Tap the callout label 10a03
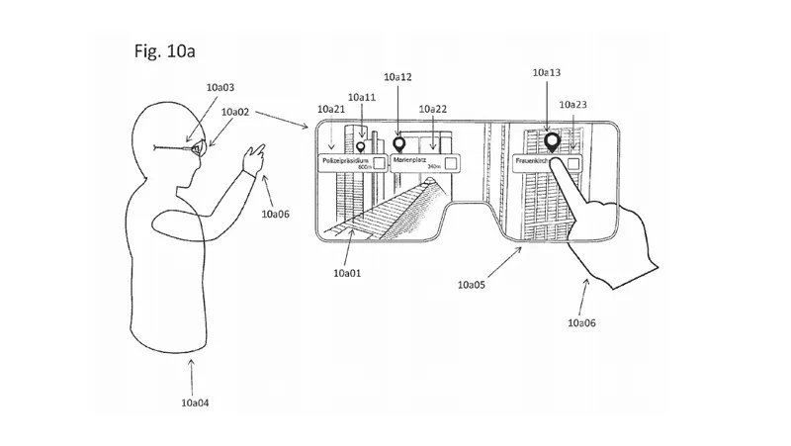point(220,88)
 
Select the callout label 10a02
point(235,113)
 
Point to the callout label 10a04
point(195,402)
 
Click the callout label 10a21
point(330,109)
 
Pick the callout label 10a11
point(362,97)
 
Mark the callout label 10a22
point(432,109)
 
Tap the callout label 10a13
point(546,72)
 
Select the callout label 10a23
point(573,104)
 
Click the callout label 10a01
point(348,272)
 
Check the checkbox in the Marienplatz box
point(449,162)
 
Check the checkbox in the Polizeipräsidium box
point(378,162)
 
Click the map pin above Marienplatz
point(399,142)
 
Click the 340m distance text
point(432,168)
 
